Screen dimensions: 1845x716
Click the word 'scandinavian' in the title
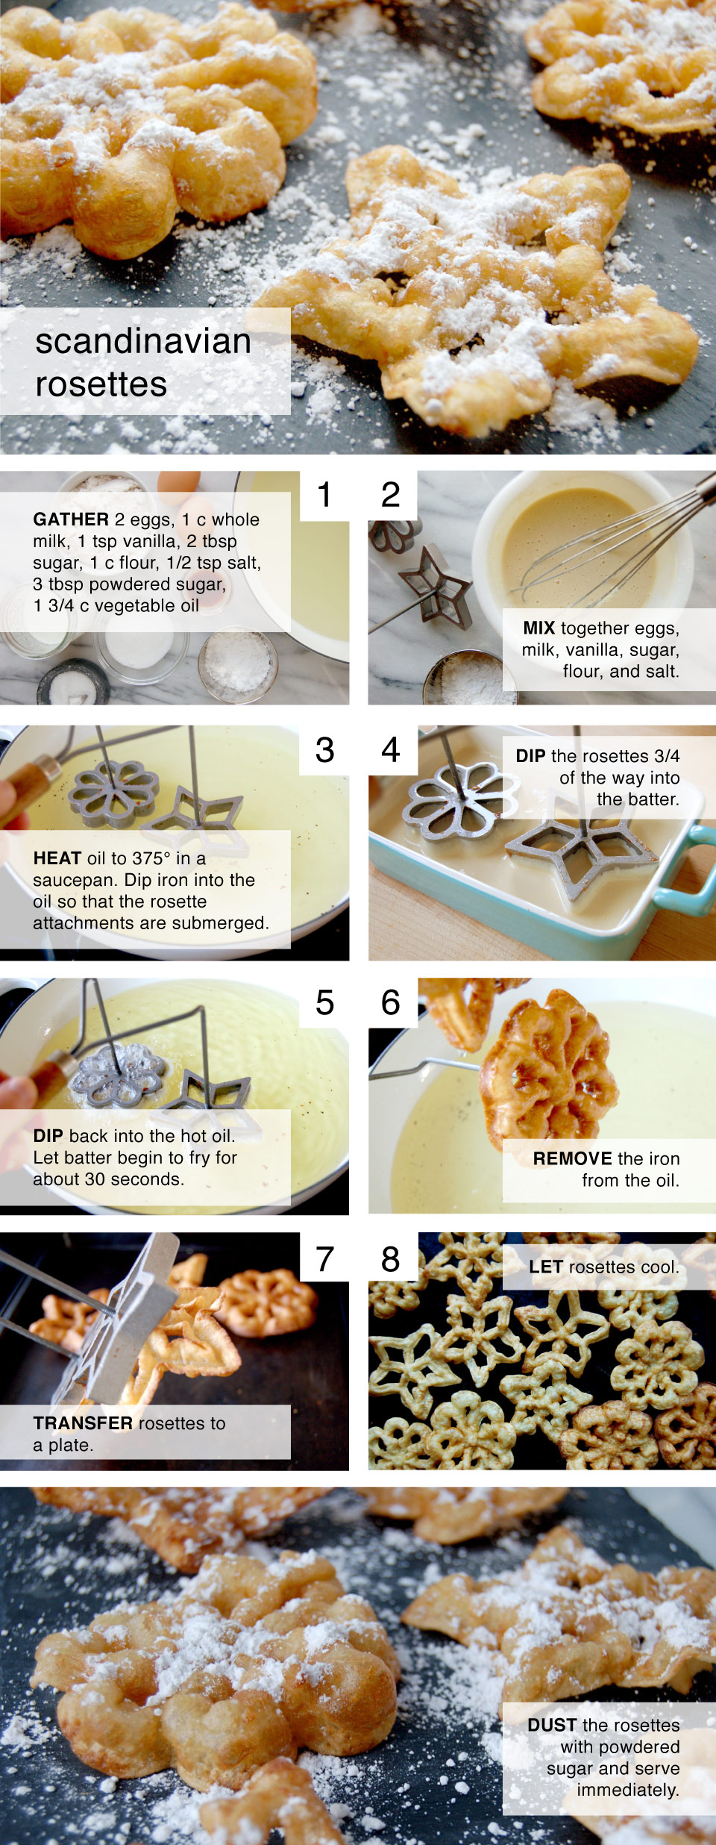143,342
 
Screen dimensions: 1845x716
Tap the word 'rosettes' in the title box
101,384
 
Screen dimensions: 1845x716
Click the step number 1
324,495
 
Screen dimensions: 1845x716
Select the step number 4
391,750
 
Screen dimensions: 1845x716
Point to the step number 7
324,1259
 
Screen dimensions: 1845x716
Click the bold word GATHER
71,519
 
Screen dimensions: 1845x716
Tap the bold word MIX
538,628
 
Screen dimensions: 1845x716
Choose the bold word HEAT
57,858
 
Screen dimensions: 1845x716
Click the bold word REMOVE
572,1158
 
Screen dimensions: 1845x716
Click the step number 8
391,1259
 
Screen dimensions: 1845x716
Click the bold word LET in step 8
545,1267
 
